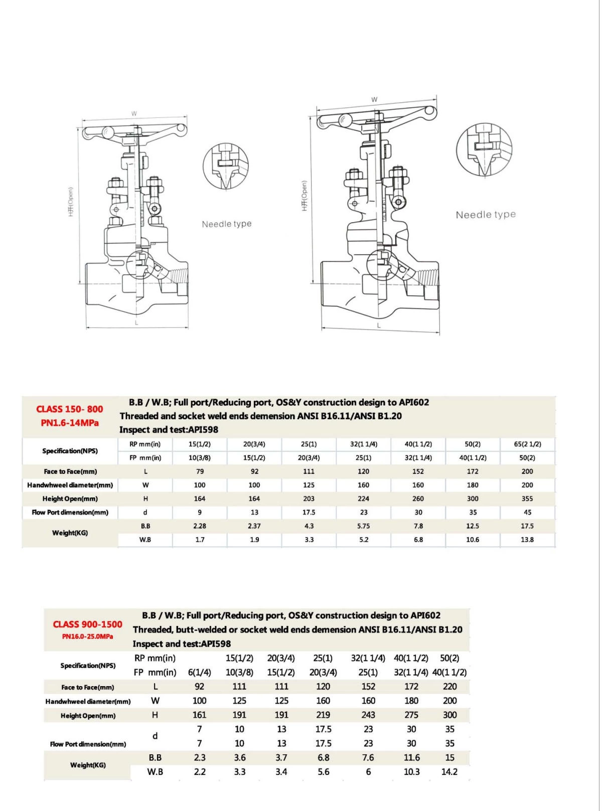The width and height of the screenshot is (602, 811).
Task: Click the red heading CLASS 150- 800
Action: point(70,409)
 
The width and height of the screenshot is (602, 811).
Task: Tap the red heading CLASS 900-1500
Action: point(88,624)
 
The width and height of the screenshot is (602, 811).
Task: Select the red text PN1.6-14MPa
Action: point(70,423)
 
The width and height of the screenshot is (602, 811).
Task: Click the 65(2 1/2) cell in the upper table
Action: point(527,444)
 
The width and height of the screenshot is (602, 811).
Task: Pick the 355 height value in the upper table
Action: point(527,499)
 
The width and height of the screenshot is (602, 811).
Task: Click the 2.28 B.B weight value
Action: point(200,526)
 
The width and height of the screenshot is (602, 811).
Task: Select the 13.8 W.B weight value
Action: point(527,540)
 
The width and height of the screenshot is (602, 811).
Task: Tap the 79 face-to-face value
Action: point(200,471)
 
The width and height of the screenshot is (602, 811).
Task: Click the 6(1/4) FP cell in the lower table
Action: point(200,672)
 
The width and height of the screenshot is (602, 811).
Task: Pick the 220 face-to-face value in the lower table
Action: point(450,687)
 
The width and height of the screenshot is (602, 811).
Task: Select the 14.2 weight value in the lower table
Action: point(449,772)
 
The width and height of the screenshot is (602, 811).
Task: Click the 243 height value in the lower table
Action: point(368,715)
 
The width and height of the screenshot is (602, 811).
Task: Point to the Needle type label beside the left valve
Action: point(227,224)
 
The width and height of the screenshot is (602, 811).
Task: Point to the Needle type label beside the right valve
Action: point(486,215)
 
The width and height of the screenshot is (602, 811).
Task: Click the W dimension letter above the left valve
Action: point(134,114)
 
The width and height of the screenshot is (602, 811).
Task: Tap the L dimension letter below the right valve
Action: point(379,326)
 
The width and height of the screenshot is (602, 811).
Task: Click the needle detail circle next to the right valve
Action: point(485,149)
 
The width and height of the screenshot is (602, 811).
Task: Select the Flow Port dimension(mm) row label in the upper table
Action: point(70,513)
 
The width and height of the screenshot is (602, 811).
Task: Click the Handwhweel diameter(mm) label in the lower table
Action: point(88,701)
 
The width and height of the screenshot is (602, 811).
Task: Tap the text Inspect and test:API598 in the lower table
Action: point(182,643)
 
